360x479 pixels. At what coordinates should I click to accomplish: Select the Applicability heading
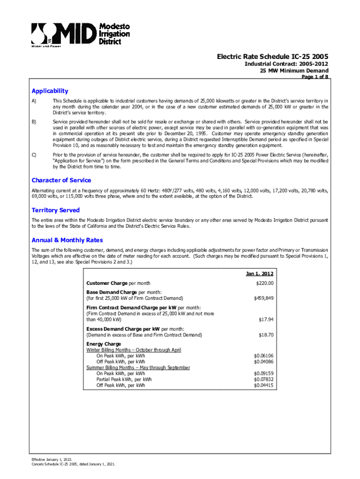coord(50,91)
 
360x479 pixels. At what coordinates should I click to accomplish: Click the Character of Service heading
coord(61,180)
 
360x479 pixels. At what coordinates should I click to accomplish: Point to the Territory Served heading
coord(55,210)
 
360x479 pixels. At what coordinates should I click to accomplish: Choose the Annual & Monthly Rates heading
coord(67,240)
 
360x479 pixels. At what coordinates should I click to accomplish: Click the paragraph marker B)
coord(34,122)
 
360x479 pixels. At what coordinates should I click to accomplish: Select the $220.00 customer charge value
coord(264,283)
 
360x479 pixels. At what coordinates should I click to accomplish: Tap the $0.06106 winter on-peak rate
coord(263,356)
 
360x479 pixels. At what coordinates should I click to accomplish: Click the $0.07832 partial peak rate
coord(263,379)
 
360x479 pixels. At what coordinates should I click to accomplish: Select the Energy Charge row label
coord(104,344)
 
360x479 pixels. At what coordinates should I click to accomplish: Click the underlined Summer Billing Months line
coord(138,368)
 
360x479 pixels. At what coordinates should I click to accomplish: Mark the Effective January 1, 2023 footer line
coord(52,460)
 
